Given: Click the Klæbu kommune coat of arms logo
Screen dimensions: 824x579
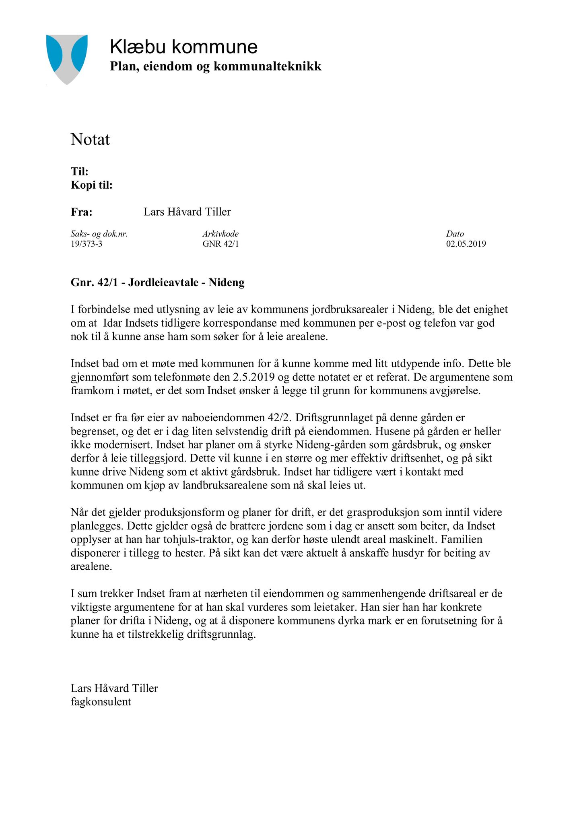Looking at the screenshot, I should [x=67, y=59].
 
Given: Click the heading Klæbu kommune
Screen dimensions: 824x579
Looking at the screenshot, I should [x=183, y=47].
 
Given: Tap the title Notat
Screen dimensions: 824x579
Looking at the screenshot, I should [x=90, y=140].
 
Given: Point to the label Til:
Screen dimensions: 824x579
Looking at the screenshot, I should [x=80, y=171].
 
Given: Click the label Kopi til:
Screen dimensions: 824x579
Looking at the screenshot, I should [x=92, y=185].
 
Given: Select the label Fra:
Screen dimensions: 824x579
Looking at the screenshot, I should [x=82, y=212].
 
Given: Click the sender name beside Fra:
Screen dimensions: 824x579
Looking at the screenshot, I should [x=187, y=212].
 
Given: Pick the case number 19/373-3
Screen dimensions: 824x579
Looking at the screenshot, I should [x=87, y=244].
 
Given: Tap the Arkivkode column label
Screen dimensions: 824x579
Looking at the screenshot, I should [x=220, y=234].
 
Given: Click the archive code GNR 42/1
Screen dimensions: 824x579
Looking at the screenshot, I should [x=220, y=244].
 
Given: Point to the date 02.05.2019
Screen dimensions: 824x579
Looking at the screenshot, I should [x=466, y=244].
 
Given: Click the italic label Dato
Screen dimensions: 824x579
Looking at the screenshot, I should [x=455, y=234].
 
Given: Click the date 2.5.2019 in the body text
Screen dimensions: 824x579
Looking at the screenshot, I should [x=256, y=377].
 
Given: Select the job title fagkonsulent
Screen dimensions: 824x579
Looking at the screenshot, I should [x=101, y=702].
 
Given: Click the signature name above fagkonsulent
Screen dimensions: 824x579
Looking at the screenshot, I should [x=114, y=688].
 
